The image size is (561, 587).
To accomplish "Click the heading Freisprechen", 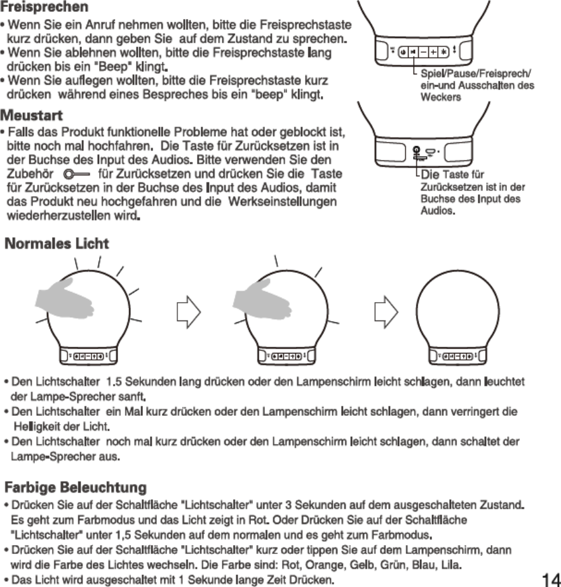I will point(44,8).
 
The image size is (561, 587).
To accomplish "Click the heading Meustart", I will point(32,118).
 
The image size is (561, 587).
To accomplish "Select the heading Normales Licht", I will point(57,244).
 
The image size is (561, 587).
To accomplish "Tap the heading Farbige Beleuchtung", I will point(76,488).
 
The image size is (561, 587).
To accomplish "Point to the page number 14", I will point(550,578).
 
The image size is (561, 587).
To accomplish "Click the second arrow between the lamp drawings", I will point(386,312).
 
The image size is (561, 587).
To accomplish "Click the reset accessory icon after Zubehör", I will point(79,174).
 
